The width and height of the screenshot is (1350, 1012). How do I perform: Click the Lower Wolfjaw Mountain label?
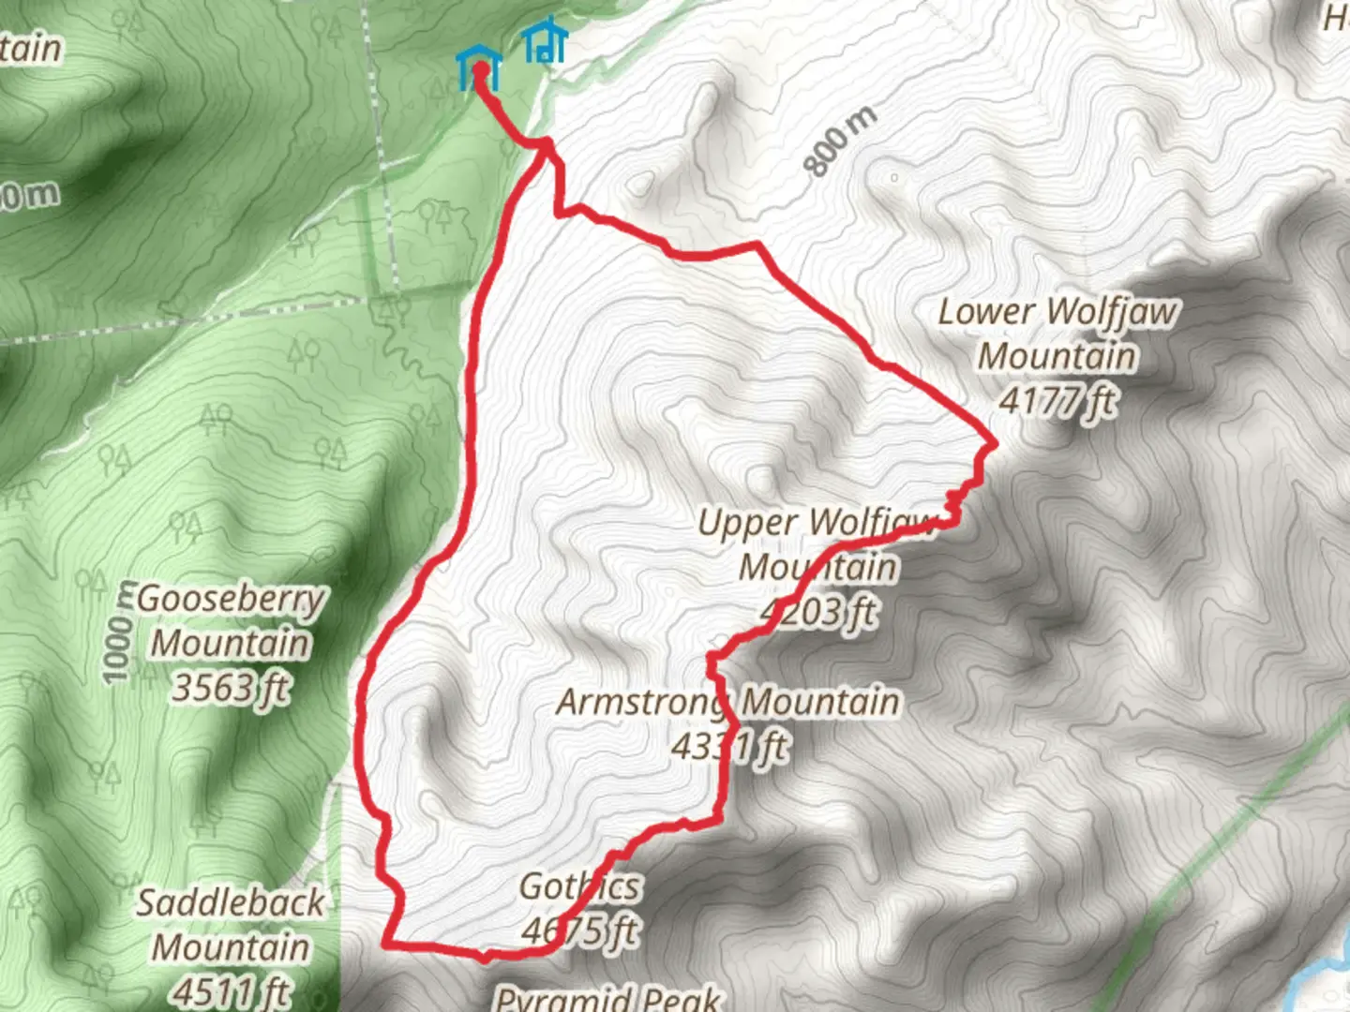(x=1057, y=334)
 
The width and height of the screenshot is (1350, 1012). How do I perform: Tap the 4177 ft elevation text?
(x=1057, y=401)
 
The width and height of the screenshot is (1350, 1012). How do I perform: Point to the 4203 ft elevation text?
(x=819, y=613)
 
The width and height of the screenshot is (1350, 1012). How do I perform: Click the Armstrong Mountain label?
(x=728, y=702)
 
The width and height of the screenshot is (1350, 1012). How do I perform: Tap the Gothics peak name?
(x=580, y=885)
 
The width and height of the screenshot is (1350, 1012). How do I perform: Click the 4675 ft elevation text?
(x=580, y=930)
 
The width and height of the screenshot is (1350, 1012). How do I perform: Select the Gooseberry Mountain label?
(x=231, y=620)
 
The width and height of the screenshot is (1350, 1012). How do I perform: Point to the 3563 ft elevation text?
(x=231, y=688)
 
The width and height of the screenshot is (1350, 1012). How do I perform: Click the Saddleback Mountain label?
(x=231, y=925)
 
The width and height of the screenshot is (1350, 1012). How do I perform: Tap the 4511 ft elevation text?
(x=231, y=990)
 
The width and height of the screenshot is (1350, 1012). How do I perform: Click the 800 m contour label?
(x=841, y=141)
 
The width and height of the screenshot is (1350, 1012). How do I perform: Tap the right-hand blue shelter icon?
(x=545, y=42)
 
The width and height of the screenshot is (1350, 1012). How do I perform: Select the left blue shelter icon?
(x=479, y=68)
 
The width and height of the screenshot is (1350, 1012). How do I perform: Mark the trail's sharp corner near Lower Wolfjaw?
(x=993, y=442)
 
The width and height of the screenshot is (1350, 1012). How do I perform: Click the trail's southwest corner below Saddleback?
(x=387, y=943)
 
